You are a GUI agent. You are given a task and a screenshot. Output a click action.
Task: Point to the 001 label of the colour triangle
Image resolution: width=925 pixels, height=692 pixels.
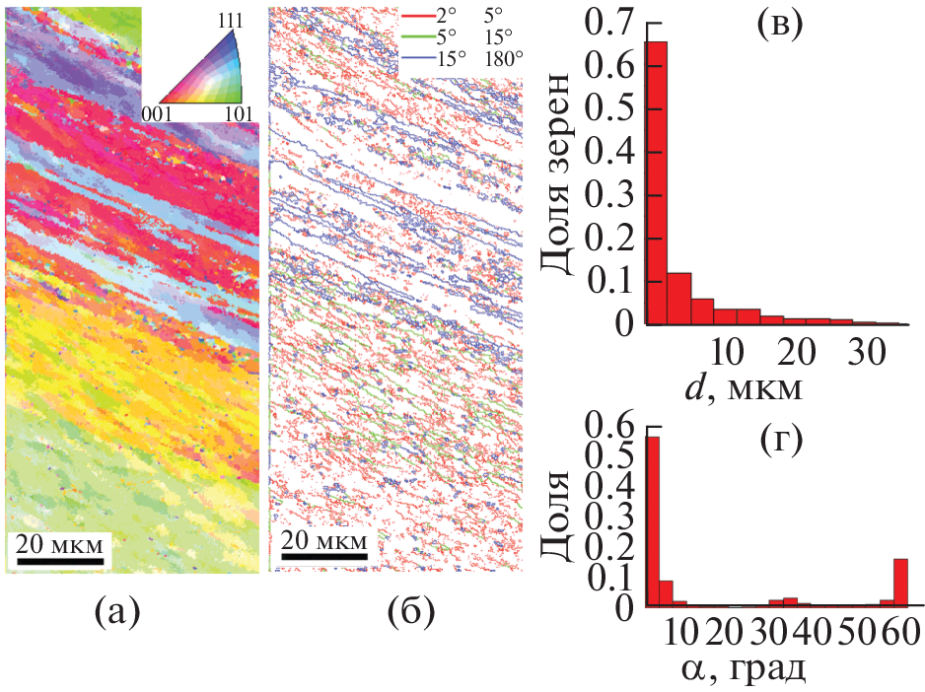point(160,114)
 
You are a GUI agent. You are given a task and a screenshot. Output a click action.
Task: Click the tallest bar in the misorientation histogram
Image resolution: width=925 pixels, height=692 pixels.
point(652,521)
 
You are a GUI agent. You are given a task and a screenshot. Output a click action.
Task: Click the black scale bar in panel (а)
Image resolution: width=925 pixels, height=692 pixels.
point(62,563)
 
